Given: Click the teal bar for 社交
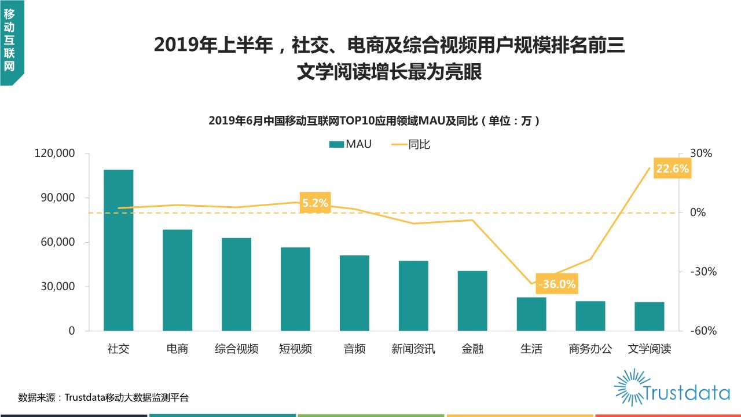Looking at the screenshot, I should click(x=118, y=250).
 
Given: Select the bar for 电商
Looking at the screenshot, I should click(x=177, y=280).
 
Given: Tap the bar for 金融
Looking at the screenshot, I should click(x=472, y=301).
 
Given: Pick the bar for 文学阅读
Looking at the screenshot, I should click(x=649, y=316).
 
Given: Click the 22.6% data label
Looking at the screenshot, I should click(x=672, y=169).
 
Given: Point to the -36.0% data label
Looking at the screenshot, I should click(x=556, y=284).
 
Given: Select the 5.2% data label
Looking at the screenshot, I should click(x=315, y=203).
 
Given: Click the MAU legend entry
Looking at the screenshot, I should click(x=351, y=144).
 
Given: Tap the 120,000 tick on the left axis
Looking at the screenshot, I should click(x=56, y=153).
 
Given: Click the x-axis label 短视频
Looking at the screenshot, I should click(x=295, y=349).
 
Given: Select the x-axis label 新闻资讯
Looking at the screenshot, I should click(x=413, y=349).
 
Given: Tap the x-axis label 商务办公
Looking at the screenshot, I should click(x=590, y=349).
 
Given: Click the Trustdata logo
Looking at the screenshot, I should click(x=672, y=387).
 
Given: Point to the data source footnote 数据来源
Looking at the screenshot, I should click(x=103, y=397).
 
